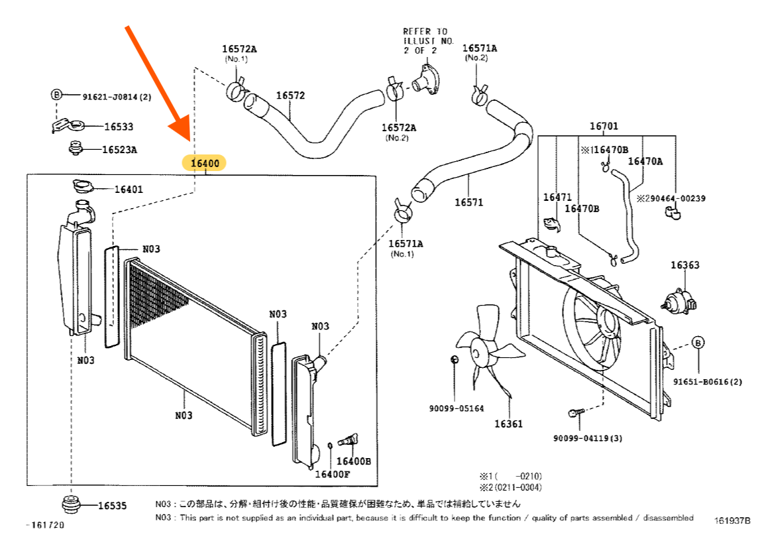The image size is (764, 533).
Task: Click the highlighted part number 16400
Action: click(x=205, y=162)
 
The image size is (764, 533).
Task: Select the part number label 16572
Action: click(x=290, y=95)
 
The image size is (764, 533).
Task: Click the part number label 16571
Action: click(x=468, y=202)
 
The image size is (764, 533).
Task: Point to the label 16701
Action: click(x=604, y=127)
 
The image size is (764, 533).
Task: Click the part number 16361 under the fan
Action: click(x=508, y=423)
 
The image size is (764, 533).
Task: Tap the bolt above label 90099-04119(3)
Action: click(x=575, y=414)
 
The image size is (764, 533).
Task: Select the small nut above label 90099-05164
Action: click(x=454, y=359)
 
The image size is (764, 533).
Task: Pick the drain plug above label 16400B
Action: click(x=349, y=439)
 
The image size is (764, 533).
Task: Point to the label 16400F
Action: click(x=332, y=474)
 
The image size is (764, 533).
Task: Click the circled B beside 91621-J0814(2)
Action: click(x=56, y=95)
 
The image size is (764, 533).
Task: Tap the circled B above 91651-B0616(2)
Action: click(x=698, y=343)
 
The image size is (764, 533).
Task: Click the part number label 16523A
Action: click(x=119, y=150)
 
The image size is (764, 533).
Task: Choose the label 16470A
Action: click(x=645, y=161)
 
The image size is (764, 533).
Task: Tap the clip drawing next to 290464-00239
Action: click(x=671, y=213)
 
